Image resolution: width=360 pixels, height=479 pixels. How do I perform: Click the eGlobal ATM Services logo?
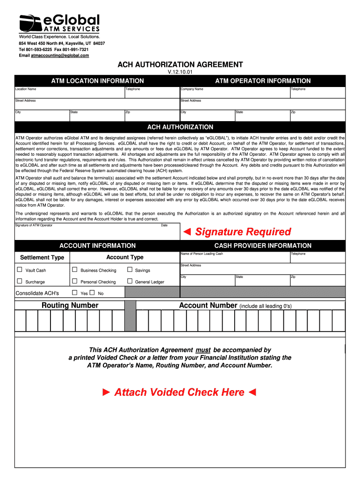(x=59, y=26)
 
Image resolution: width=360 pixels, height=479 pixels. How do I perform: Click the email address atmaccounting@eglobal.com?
(x=59, y=55)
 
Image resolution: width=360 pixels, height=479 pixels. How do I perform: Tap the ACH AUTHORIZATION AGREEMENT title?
(x=180, y=65)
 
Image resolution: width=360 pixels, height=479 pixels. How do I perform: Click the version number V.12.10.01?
(x=180, y=73)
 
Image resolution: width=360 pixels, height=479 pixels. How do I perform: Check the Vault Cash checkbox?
(x=20, y=270)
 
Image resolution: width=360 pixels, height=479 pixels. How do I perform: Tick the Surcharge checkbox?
(x=20, y=281)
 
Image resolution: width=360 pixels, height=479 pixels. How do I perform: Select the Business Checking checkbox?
(x=74, y=270)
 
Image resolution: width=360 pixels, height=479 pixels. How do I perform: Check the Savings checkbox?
(x=130, y=270)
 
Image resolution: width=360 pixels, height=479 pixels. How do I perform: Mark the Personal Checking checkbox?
(x=74, y=281)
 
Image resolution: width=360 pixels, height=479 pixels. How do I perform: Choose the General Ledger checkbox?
(x=130, y=281)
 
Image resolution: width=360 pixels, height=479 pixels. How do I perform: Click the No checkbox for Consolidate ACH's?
(x=92, y=293)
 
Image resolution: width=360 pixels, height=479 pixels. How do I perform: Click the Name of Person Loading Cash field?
(x=235, y=258)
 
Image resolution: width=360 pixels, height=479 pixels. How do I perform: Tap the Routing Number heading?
(x=70, y=305)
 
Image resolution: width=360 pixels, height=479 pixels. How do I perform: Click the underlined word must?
(x=202, y=350)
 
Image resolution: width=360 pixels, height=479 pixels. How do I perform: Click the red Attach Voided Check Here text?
(x=180, y=392)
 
